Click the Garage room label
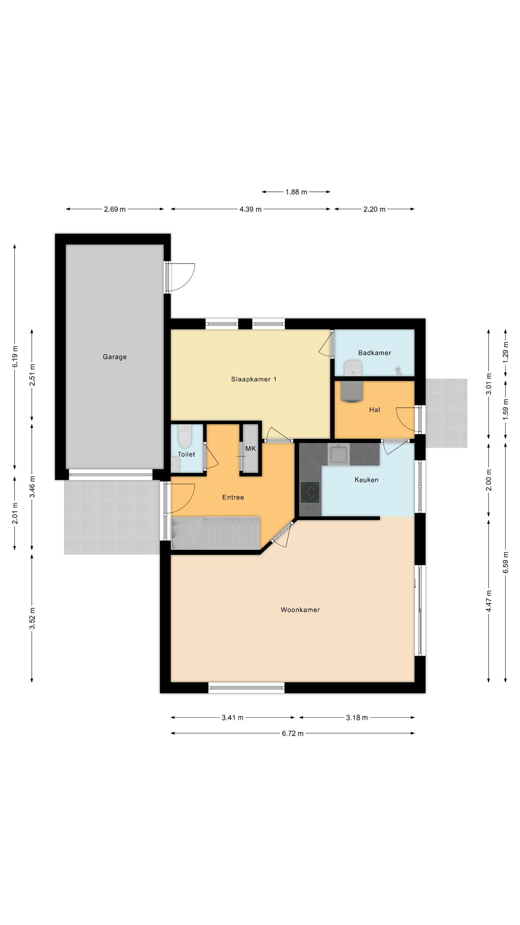114,357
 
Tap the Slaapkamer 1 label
253,379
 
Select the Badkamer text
374,353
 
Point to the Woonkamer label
300,610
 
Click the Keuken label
366,480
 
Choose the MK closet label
250,448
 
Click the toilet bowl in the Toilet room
185,436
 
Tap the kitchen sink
339,454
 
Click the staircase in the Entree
216,533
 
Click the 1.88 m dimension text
296,192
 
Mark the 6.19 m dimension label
15,356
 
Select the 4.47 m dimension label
489,601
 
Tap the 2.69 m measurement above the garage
114,209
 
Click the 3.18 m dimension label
357,718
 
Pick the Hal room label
374,410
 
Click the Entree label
233,497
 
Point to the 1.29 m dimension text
505,352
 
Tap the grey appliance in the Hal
351,391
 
